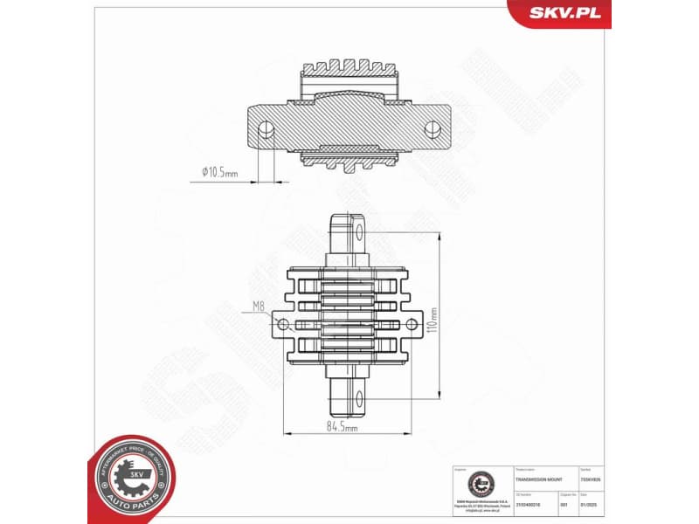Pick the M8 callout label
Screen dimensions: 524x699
click(x=259, y=306)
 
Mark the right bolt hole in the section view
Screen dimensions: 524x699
click(x=431, y=129)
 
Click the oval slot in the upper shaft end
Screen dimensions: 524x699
click(x=358, y=231)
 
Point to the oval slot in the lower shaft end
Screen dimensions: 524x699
click(x=358, y=399)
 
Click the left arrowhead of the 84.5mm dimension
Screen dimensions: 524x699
click(x=286, y=433)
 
